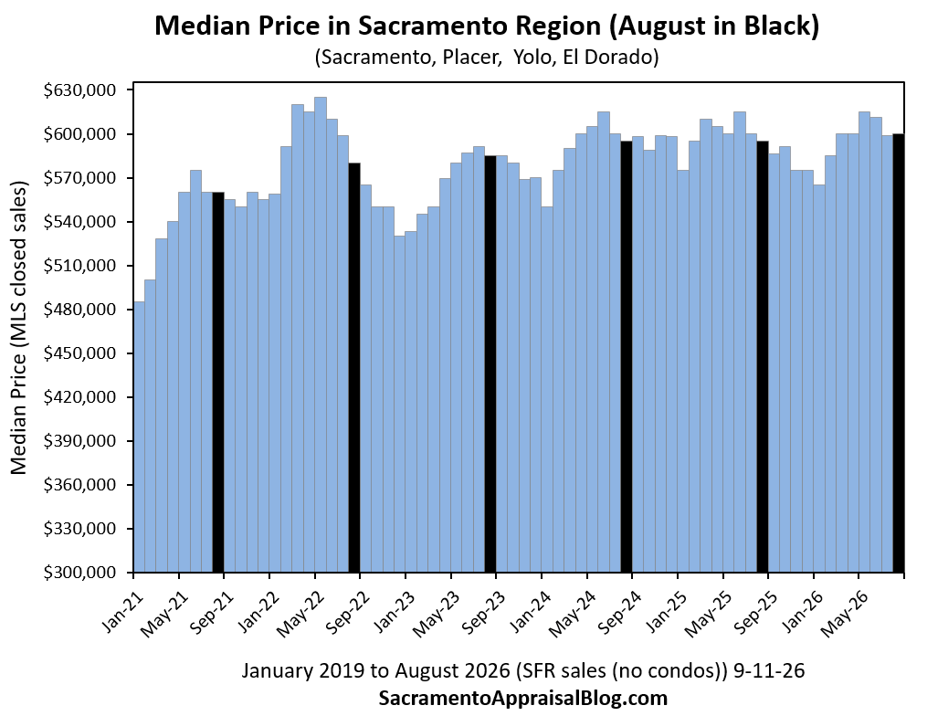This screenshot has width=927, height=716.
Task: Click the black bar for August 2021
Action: point(218,382)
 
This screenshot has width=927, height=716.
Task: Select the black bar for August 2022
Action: point(354,368)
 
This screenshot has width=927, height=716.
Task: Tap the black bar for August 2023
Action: point(490,364)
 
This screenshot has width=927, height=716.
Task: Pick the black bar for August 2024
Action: point(627,356)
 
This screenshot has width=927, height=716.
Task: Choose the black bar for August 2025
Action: point(762,356)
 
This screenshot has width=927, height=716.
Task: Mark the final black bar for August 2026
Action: point(898,353)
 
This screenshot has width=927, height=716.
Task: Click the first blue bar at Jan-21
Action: point(139,437)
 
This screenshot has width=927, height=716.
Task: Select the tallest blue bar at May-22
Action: point(321,334)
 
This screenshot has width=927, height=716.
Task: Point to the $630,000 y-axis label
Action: point(79,90)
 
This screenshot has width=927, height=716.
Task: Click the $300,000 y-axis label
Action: point(79,573)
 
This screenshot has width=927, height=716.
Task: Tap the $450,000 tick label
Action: point(79,353)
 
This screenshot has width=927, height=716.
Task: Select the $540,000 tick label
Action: point(79,222)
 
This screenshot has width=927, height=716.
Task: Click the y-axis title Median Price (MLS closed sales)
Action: point(19,328)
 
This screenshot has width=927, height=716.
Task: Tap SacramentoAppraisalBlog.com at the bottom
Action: point(522,699)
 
